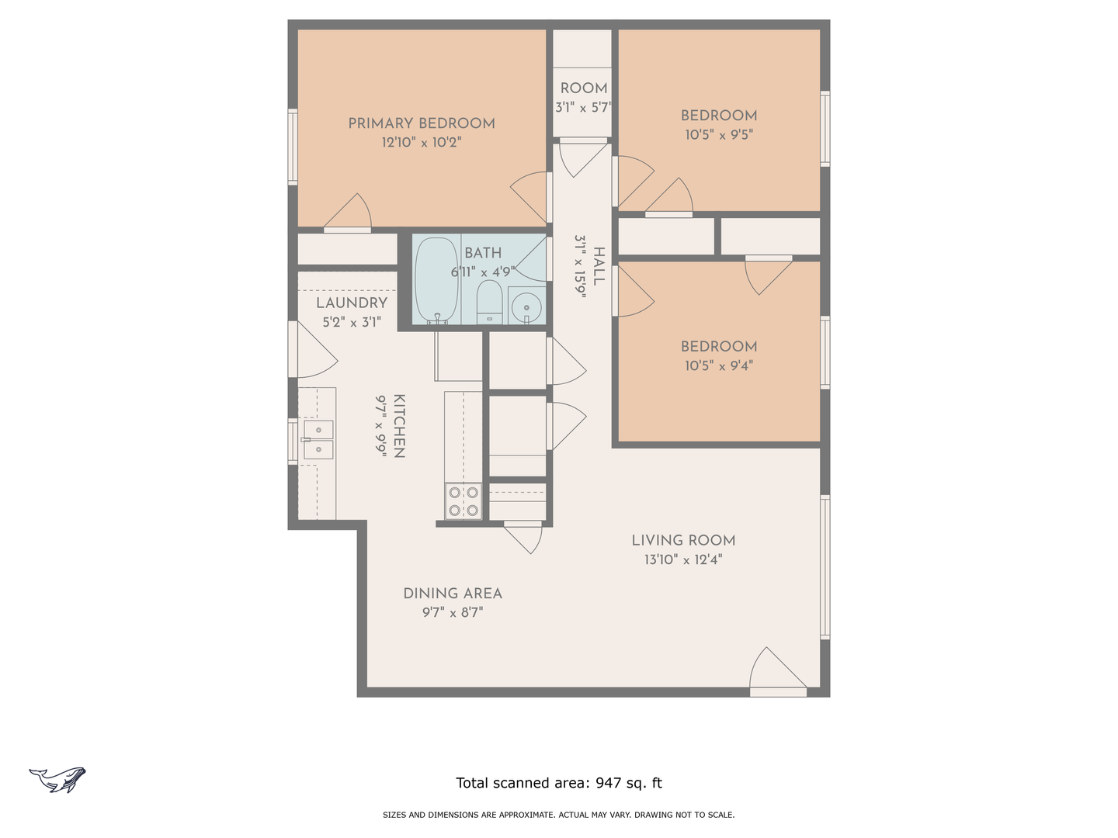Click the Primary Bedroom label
(x=422, y=123)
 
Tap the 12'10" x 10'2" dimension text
(x=422, y=142)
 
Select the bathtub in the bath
(x=436, y=280)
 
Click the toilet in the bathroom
(x=489, y=302)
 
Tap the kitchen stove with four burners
(x=464, y=501)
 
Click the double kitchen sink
(x=318, y=440)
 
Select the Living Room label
(x=683, y=540)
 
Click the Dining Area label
(x=453, y=594)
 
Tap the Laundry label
(x=352, y=303)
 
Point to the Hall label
(x=599, y=266)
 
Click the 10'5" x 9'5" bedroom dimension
(x=719, y=135)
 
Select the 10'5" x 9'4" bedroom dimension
(x=719, y=365)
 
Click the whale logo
(x=57, y=780)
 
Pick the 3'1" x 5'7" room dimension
(x=583, y=108)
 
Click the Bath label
(x=483, y=253)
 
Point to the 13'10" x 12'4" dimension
(x=683, y=559)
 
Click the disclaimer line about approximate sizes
(x=559, y=815)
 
